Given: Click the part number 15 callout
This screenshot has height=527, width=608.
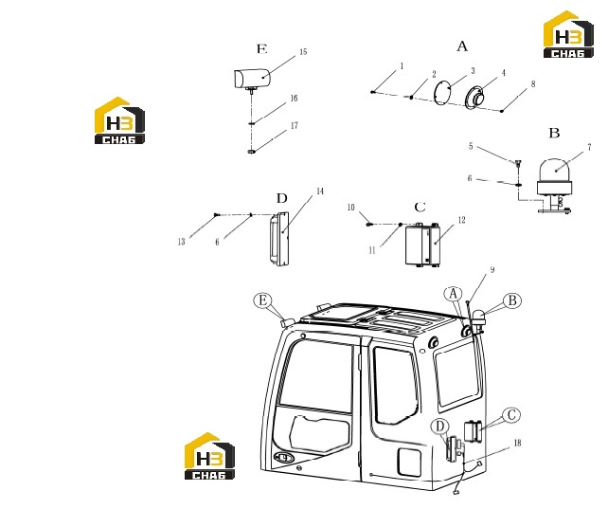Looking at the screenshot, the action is (303, 51).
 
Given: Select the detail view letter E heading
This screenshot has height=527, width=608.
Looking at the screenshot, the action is (262, 49).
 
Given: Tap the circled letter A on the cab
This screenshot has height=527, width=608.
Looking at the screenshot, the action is (454, 294).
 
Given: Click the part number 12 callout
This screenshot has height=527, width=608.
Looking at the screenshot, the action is (461, 220).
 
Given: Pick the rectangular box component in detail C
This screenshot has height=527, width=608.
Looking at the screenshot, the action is (422, 245).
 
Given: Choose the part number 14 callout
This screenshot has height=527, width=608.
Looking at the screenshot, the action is (320, 191).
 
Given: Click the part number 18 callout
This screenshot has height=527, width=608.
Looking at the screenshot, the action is (517, 443).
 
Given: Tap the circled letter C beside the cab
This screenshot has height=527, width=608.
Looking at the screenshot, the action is (511, 415).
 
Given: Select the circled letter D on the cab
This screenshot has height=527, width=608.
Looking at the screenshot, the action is (439, 427).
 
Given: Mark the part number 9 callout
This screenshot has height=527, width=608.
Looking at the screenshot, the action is (492, 270).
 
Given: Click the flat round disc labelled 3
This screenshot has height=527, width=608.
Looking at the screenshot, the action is (442, 92).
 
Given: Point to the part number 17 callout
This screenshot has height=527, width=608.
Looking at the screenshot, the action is (295, 125).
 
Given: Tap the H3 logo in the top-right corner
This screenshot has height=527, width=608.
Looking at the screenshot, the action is (568, 34).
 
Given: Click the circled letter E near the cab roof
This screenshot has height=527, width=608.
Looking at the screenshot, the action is (263, 300).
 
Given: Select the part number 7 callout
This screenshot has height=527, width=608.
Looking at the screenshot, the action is (589, 147).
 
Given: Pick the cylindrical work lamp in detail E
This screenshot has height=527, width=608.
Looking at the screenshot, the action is (251, 79).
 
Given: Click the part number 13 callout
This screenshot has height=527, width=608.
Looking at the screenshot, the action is (182, 242).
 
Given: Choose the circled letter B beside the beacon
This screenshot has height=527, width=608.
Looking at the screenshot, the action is (512, 300).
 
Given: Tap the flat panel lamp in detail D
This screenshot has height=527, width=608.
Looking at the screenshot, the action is (278, 239).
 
